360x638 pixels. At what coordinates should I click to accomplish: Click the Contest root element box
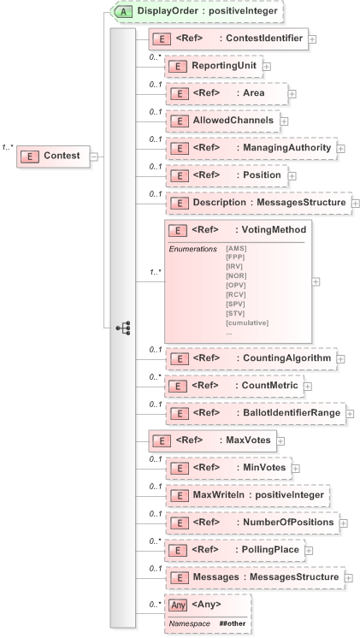click(x=53, y=156)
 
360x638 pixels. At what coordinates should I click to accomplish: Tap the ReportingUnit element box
click(x=212, y=66)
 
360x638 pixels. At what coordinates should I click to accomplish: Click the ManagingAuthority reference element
click(x=251, y=149)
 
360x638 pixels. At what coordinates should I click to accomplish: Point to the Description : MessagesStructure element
click(x=257, y=203)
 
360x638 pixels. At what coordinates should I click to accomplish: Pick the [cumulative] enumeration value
click(x=247, y=322)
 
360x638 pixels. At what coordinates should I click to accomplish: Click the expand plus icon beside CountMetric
click(x=307, y=387)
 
